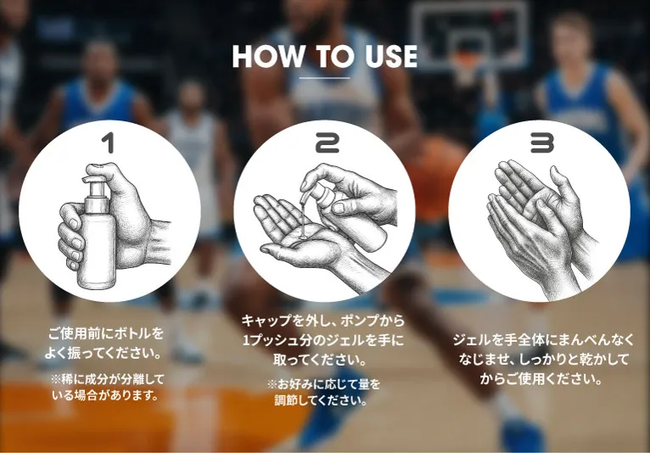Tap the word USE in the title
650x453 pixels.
tap(391, 56)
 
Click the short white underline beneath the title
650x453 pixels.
tap(324, 77)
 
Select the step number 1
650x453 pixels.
tap(109, 143)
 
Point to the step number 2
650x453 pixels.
tap(327, 143)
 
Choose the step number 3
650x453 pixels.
tap(541, 143)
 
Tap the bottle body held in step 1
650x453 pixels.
tap(98, 249)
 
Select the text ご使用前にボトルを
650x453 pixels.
tap(106, 333)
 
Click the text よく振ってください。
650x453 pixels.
tap(104, 353)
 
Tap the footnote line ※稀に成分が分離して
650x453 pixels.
tap(108, 379)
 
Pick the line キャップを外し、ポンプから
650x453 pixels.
tap(323, 321)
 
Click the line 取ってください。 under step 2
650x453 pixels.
tap(320, 360)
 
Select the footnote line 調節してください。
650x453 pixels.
tap(321, 400)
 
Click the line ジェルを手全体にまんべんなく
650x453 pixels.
tap(543, 339)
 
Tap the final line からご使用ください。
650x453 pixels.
tap(541, 378)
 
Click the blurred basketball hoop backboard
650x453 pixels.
tap(469, 36)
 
